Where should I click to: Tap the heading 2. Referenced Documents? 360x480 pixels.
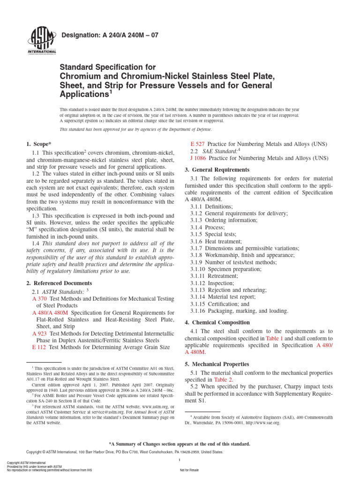59,283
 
